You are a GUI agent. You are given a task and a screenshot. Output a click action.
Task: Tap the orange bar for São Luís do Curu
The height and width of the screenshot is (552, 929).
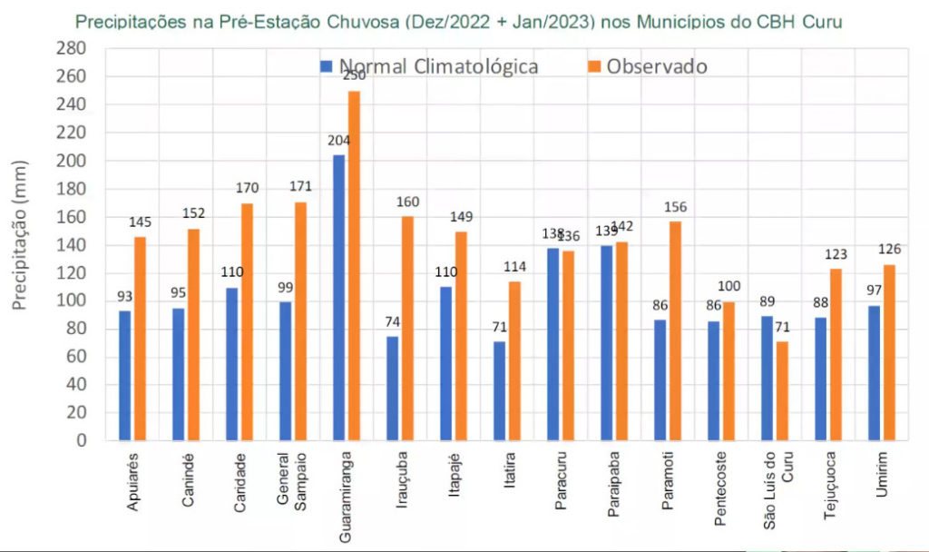(782, 390)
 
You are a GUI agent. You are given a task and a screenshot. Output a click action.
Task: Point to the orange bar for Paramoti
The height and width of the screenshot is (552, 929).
(675, 330)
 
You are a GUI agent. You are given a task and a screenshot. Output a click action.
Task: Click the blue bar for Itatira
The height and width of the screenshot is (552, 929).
(499, 390)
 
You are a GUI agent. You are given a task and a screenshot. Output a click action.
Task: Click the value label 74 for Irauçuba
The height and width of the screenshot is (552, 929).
(392, 325)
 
